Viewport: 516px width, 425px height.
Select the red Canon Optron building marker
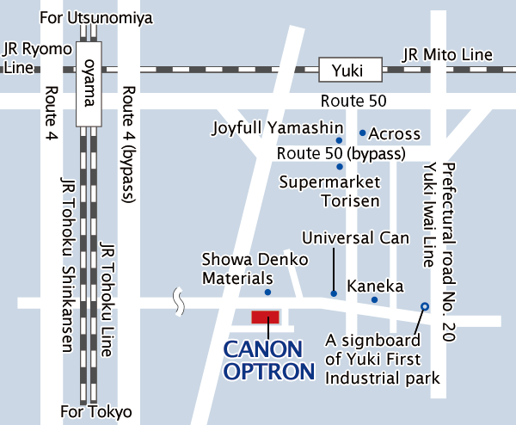[x=265, y=317]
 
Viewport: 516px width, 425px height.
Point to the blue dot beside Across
[x=363, y=133]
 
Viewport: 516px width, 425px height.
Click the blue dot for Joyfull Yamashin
[x=339, y=139]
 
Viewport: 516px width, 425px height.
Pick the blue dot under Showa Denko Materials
[x=267, y=293]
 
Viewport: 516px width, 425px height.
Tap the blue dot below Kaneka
[x=374, y=299]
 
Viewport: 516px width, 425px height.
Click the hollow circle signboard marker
[x=424, y=306]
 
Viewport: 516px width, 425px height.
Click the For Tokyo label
[x=96, y=411]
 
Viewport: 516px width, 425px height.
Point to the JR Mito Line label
[x=447, y=55]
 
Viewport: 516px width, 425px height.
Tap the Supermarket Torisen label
[x=330, y=192]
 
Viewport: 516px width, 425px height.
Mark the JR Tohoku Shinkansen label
[x=65, y=267]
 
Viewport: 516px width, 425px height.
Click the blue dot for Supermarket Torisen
[x=340, y=166]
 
